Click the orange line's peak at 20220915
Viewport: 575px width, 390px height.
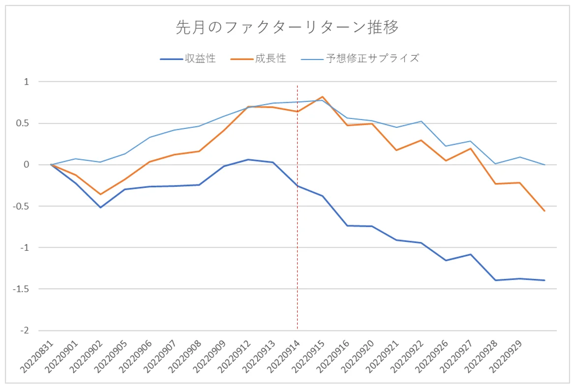[x=322, y=97]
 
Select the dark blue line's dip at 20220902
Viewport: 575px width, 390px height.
[x=100, y=208]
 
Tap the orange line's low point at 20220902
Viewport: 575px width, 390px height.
[x=100, y=194]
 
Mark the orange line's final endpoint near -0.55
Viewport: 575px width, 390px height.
[x=545, y=211]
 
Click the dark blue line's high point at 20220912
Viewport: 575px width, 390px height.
[x=248, y=159]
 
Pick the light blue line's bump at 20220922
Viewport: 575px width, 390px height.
[x=421, y=121]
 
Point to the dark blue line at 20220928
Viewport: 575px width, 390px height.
[x=495, y=280]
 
